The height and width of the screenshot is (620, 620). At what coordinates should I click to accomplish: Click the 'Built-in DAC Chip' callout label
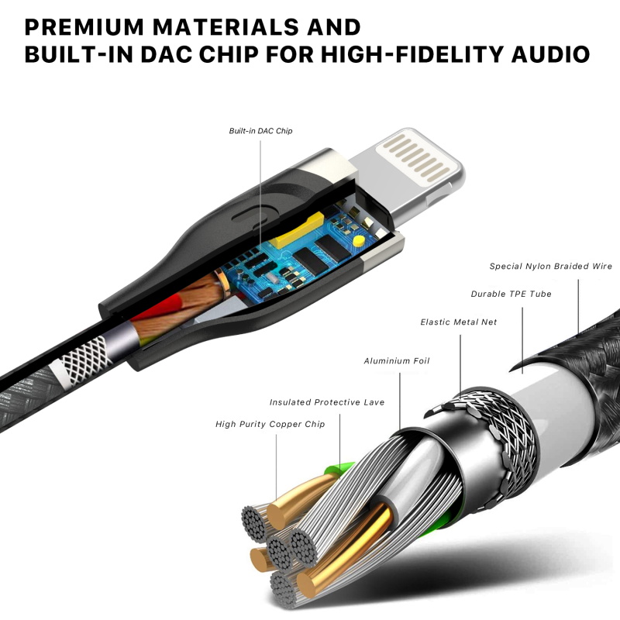pyautogui.click(x=260, y=131)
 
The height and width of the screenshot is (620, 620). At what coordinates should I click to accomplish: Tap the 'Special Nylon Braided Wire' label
pyautogui.click(x=551, y=266)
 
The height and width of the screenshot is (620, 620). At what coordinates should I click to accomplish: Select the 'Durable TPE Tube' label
pyautogui.click(x=511, y=294)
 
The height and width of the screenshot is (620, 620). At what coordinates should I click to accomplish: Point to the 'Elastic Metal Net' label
pyautogui.click(x=458, y=322)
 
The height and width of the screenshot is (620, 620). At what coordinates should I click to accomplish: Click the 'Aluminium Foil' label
pyautogui.click(x=397, y=360)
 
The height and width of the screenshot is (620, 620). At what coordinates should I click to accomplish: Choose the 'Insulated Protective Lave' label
pyautogui.click(x=327, y=402)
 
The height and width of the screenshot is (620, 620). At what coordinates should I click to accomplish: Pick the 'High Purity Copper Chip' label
pyautogui.click(x=270, y=424)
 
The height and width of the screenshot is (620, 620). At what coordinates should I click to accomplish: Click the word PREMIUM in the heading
pyautogui.click(x=84, y=27)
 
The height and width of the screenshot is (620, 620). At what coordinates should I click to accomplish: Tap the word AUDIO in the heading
pyautogui.click(x=550, y=54)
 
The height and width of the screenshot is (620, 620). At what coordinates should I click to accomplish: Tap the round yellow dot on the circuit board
pyautogui.click(x=358, y=241)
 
